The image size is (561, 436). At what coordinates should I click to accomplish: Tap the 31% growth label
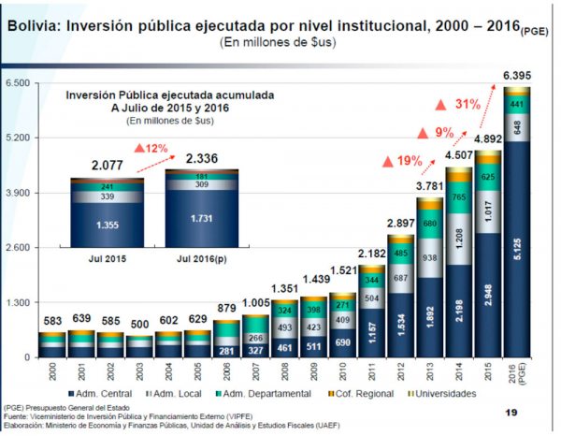[467, 104]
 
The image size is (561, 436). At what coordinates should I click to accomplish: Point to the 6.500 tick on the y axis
[19, 84]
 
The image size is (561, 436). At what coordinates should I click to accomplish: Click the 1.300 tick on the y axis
[19, 303]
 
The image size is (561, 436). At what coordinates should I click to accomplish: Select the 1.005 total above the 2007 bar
[254, 303]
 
